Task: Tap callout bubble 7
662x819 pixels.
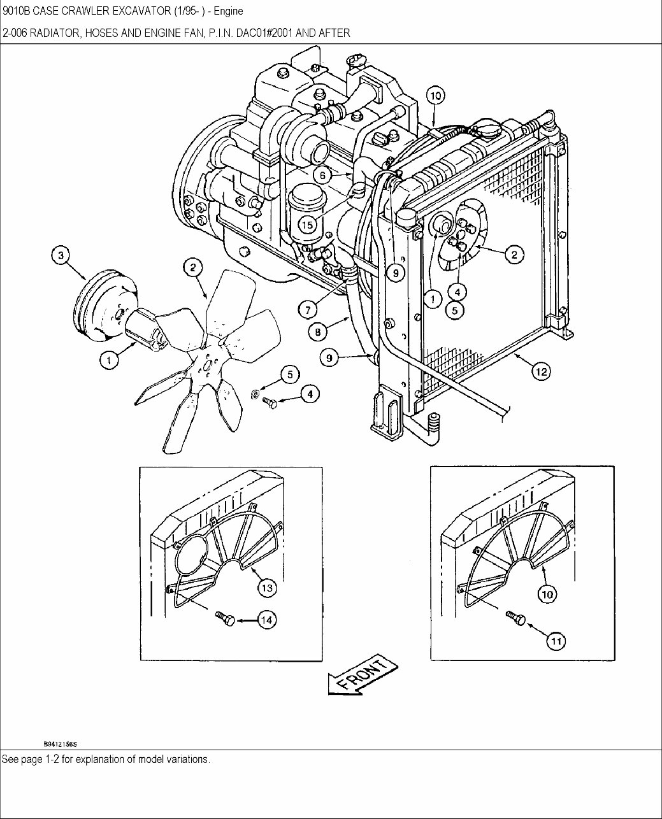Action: click(x=307, y=310)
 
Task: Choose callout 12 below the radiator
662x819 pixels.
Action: click(x=541, y=371)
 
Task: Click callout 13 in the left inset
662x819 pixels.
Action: click(x=267, y=588)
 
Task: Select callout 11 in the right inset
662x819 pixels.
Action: click(x=556, y=641)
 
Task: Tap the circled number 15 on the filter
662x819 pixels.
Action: click(x=307, y=224)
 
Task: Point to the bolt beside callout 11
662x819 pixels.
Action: click(x=515, y=617)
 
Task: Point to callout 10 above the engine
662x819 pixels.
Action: click(x=434, y=96)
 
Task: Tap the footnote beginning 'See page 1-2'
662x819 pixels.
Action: click(x=106, y=760)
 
